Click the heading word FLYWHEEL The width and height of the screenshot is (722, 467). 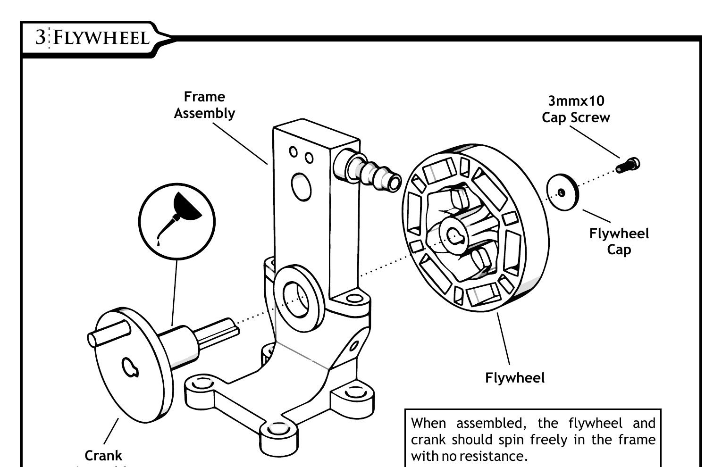[101, 37]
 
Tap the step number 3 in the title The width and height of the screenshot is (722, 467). [41, 37]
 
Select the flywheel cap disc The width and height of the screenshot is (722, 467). [562, 192]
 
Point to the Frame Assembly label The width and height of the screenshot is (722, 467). [204, 105]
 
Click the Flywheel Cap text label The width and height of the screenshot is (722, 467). [619, 241]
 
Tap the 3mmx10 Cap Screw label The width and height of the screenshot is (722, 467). [576, 109]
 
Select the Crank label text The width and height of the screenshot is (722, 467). [103, 456]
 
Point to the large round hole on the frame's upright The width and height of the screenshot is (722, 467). [301, 186]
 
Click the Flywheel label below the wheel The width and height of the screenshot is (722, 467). [515, 378]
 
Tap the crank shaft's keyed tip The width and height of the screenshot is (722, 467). [227, 327]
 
